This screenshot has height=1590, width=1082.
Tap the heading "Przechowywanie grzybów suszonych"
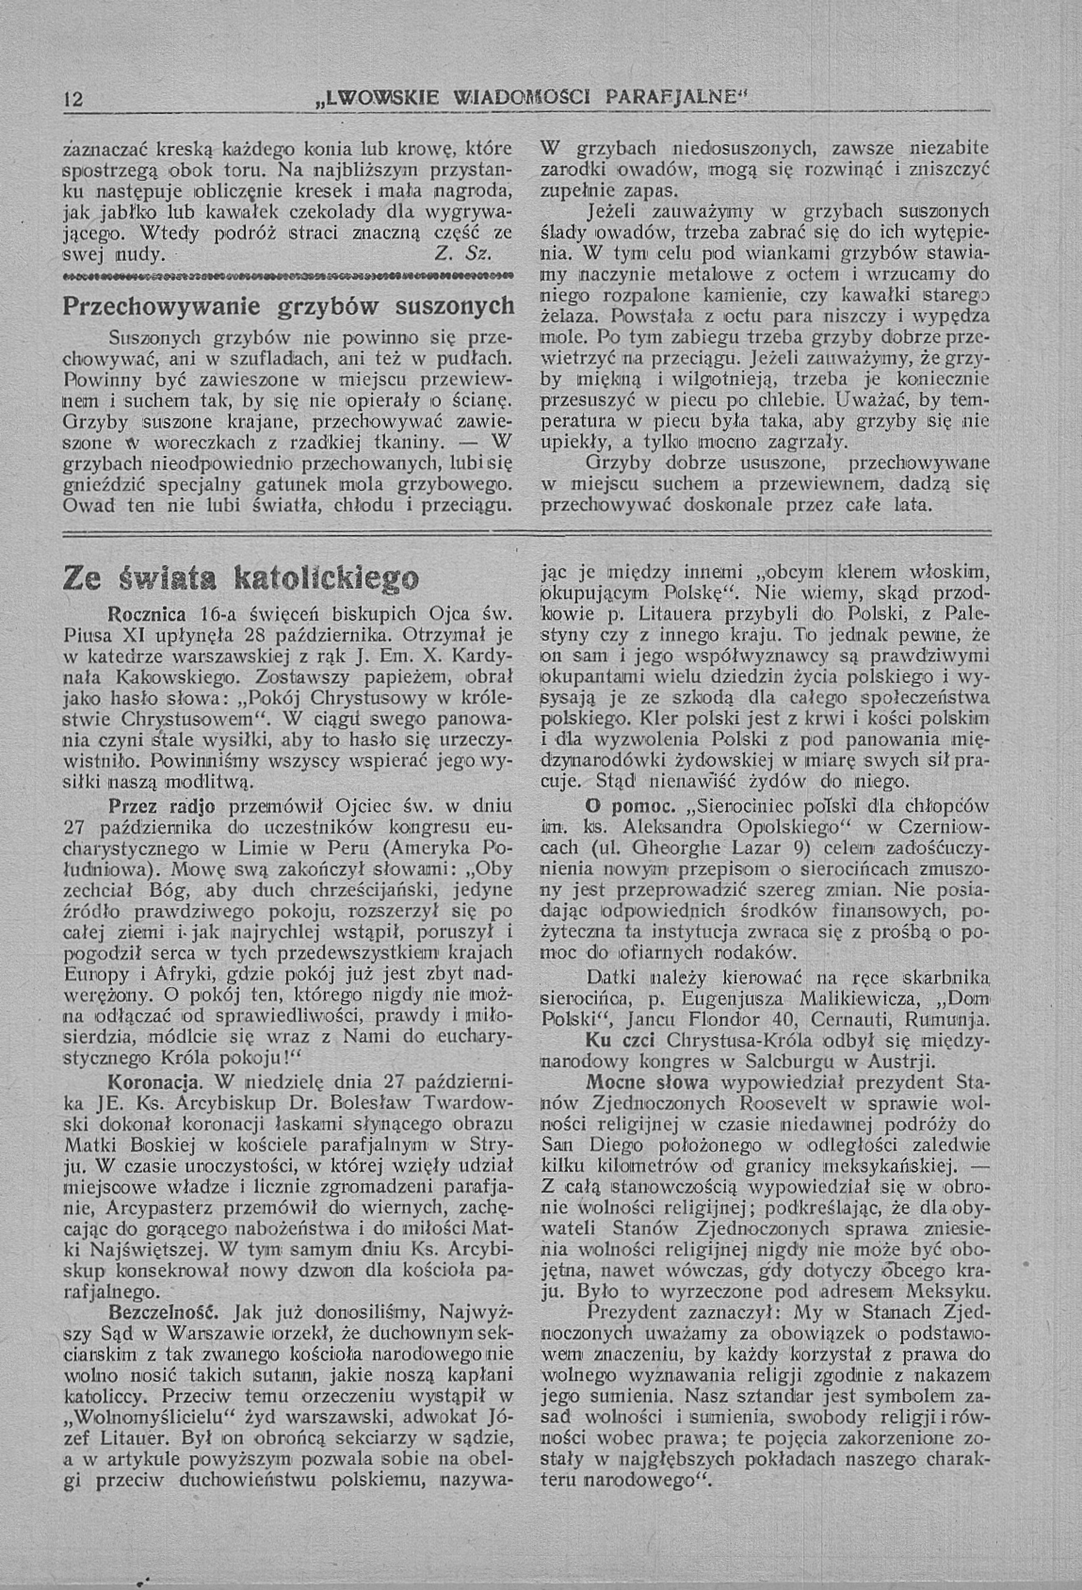click(x=288, y=306)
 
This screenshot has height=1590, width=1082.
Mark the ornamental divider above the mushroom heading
click(x=288, y=275)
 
